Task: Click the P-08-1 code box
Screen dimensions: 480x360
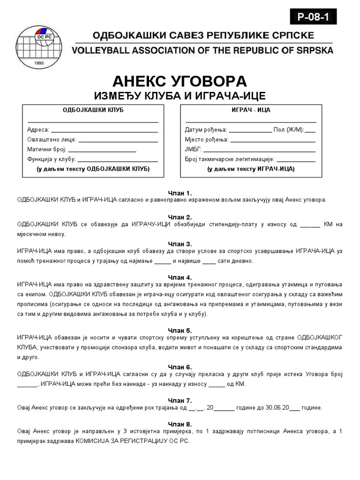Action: (x=313, y=17)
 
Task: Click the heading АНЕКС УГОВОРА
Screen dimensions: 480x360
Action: (x=180, y=81)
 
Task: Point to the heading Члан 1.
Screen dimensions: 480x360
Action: (x=180, y=193)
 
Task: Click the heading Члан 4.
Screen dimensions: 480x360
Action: (x=180, y=277)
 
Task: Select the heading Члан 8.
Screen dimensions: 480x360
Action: (x=180, y=424)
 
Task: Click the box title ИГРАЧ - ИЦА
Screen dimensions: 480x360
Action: (x=251, y=110)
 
